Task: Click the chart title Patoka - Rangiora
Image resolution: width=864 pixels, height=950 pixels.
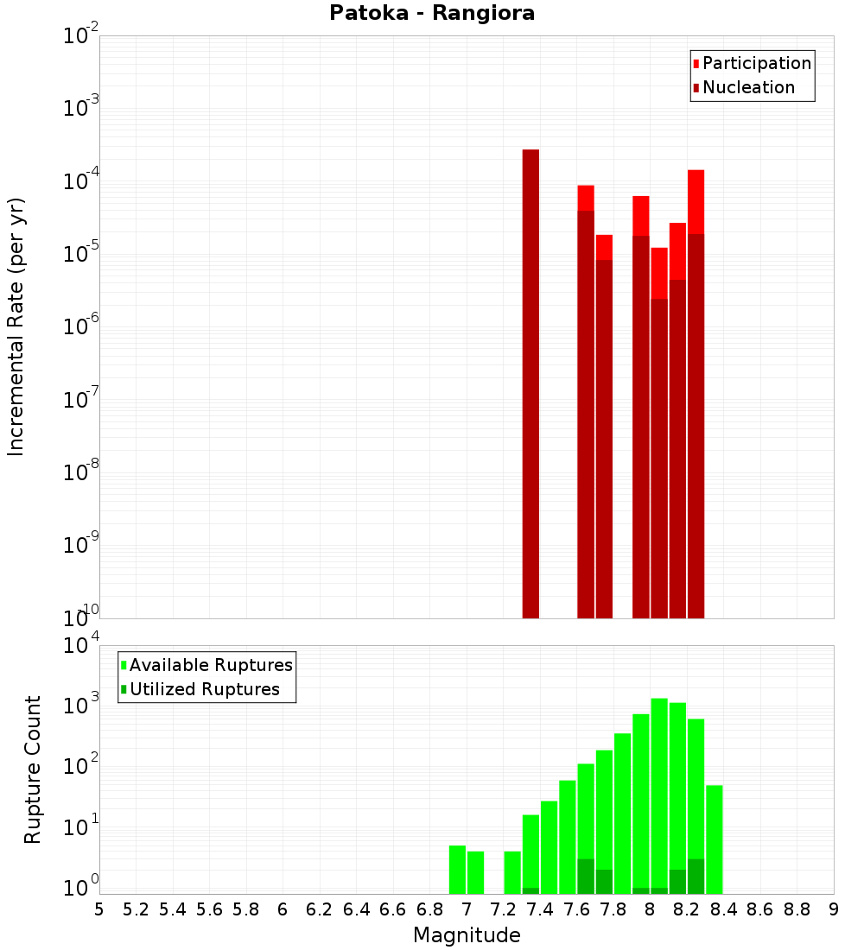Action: click(x=432, y=13)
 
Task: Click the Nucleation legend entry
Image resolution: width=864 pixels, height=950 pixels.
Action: click(x=747, y=87)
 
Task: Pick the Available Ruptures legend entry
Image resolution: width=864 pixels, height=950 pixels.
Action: click(x=210, y=665)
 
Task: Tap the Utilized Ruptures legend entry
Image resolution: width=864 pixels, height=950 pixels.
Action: click(x=204, y=689)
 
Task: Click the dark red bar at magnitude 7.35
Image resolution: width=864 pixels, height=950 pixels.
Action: click(x=530, y=384)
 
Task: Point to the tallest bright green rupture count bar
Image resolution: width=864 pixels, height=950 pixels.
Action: click(x=659, y=795)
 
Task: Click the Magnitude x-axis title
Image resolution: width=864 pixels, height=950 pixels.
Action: click(x=467, y=935)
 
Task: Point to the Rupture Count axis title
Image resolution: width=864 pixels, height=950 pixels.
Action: click(x=33, y=769)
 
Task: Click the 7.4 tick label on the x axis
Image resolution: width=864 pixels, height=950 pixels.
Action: click(x=540, y=909)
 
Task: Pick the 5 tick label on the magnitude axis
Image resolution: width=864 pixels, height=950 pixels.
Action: click(x=99, y=909)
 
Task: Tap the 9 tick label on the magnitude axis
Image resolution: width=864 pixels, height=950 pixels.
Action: click(x=834, y=909)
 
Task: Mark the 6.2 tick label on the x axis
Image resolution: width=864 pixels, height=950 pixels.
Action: click(x=320, y=909)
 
